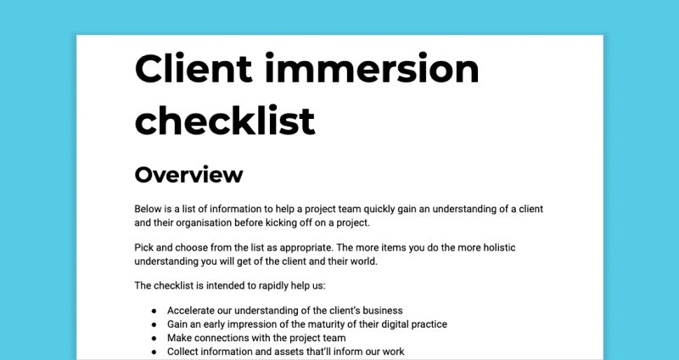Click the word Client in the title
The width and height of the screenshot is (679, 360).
(194, 68)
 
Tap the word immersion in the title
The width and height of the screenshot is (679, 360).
(372, 68)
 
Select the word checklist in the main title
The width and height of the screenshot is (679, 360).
(225, 120)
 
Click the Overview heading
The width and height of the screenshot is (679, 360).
(188, 175)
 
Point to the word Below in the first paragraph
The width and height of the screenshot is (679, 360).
(148, 209)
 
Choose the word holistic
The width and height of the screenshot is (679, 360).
(499, 248)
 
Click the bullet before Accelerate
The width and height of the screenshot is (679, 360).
(154, 311)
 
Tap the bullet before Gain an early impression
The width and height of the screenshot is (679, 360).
(154, 324)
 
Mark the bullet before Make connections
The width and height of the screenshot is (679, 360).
(154, 338)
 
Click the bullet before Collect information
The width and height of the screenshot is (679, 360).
(154, 352)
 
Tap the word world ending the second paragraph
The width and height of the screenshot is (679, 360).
(366, 262)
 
